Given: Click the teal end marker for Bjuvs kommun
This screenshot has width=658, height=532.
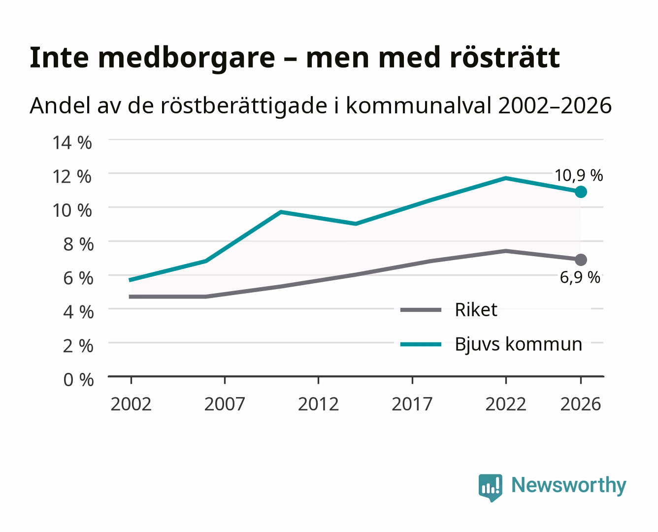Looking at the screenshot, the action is click(581, 192).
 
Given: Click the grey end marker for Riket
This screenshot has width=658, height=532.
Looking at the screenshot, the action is click(581, 260).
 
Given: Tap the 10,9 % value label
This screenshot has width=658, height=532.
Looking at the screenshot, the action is click(579, 176).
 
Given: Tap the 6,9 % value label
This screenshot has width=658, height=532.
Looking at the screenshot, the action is click(580, 277).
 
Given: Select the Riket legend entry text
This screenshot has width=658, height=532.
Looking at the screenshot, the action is click(476, 309).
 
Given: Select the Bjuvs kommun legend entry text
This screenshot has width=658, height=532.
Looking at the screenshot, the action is click(518, 344).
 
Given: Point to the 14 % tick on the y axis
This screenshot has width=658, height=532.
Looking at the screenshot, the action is click(72, 143).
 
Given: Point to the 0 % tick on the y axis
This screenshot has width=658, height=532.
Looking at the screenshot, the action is click(78, 380).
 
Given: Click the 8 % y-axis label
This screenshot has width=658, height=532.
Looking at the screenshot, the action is click(78, 244).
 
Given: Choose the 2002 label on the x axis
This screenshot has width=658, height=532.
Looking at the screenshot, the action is click(131, 404).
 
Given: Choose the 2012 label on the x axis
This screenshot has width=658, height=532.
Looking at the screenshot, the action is click(318, 404).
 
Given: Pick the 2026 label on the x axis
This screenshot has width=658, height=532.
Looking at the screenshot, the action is click(581, 404).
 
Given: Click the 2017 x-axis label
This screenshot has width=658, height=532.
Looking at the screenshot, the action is click(412, 404).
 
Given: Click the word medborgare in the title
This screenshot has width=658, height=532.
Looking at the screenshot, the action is click(186, 58).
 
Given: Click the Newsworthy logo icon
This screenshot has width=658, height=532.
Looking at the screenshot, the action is click(490, 488).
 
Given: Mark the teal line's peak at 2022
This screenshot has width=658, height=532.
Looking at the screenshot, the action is click(506, 178).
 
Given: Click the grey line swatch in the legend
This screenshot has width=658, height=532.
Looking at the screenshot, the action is click(421, 310).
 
